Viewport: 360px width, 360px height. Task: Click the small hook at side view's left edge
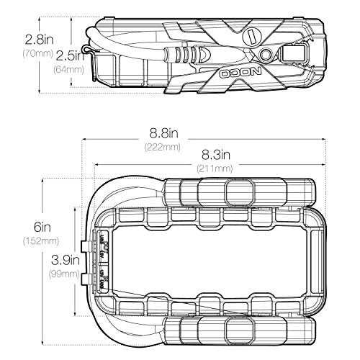click(88, 48)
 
